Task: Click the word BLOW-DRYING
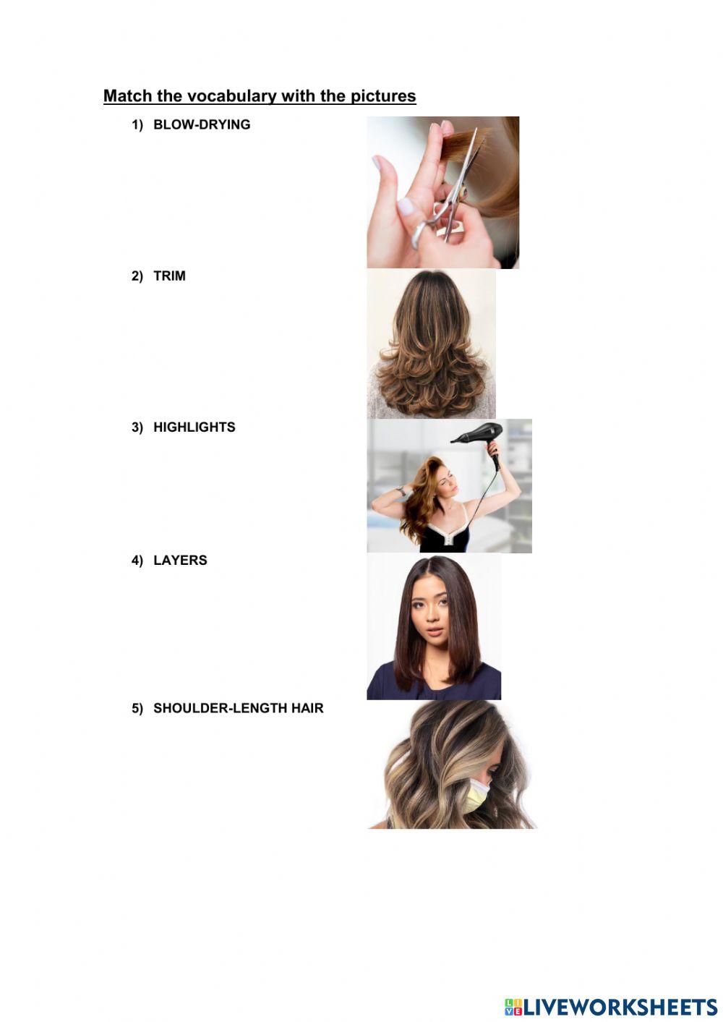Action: (202, 124)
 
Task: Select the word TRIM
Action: (169, 276)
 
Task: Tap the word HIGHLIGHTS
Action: (194, 427)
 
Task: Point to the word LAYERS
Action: (180, 560)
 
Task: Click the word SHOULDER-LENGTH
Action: (220, 708)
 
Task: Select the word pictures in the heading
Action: (383, 96)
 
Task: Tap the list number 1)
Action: (137, 125)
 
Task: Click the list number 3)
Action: (137, 427)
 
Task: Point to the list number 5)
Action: (137, 709)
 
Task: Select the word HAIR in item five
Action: (307, 708)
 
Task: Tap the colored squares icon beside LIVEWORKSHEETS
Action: (513, 1006)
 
